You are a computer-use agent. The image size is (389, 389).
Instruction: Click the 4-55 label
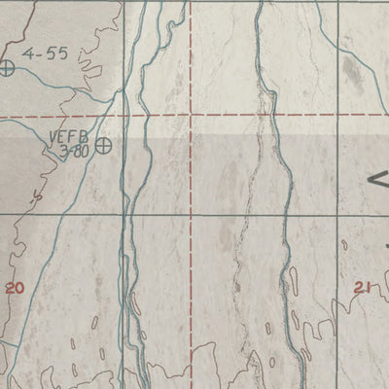(x=46, y=54)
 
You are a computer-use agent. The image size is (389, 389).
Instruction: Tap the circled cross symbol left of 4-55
(x=8, y=67)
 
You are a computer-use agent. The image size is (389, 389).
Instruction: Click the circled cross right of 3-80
(x=102, y=145)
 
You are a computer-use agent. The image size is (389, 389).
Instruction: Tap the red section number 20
(x=14, y=288)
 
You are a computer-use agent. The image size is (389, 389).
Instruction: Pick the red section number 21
(x=363, y=287)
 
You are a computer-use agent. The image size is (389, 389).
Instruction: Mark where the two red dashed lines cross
(x=191, y=118)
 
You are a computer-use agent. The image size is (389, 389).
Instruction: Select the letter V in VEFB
(x=54, y=137)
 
